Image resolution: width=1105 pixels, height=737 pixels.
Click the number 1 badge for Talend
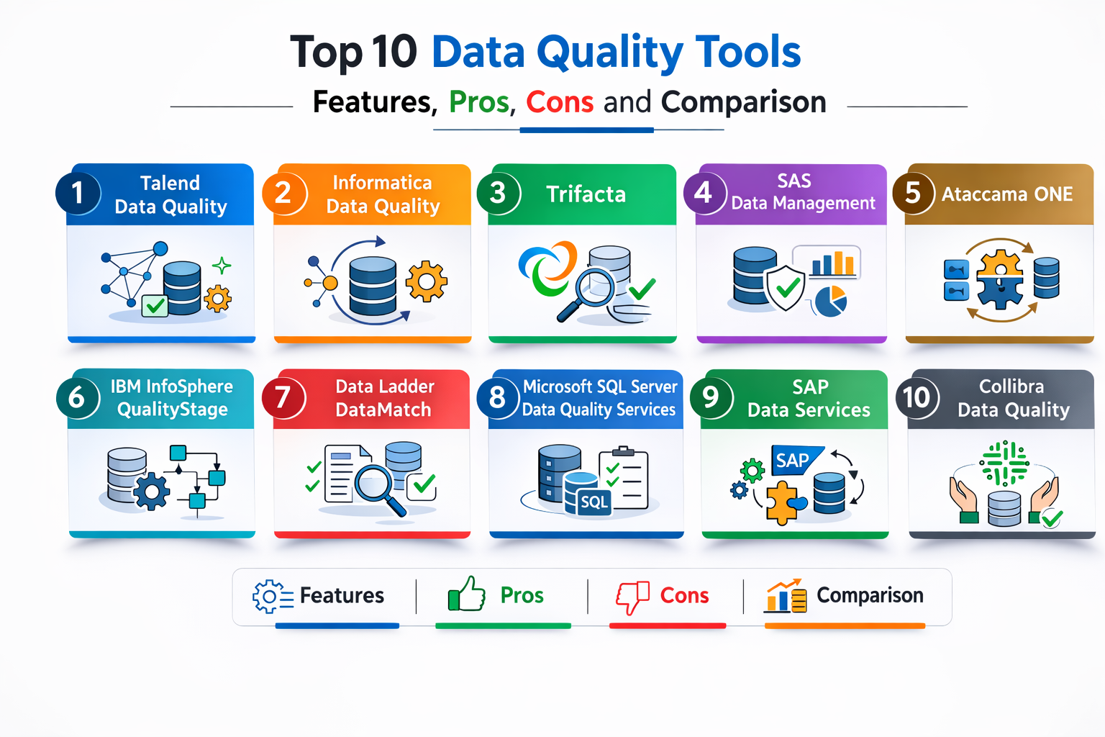[78, 193]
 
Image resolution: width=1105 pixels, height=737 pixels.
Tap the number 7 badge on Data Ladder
[283, 397]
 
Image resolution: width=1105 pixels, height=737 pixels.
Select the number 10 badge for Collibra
[917, 397]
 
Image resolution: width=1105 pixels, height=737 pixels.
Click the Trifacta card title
[586, 194]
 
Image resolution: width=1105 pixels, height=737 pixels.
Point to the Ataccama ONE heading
[1007, 194]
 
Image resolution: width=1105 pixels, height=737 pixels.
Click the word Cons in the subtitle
[560, 102]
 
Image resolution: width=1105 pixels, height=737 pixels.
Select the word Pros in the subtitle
[479, 102]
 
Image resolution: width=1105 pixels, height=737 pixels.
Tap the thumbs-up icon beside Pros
[466, 594]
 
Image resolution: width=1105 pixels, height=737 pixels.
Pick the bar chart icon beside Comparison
[786, 596]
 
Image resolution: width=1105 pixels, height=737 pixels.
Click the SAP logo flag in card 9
[795, 460]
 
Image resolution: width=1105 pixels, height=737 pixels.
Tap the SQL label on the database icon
[594, 502]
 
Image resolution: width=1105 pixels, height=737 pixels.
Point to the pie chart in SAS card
[831, 301]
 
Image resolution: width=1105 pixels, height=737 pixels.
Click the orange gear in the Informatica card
[426, 281]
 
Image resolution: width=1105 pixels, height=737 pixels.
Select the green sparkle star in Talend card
[222, 266]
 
